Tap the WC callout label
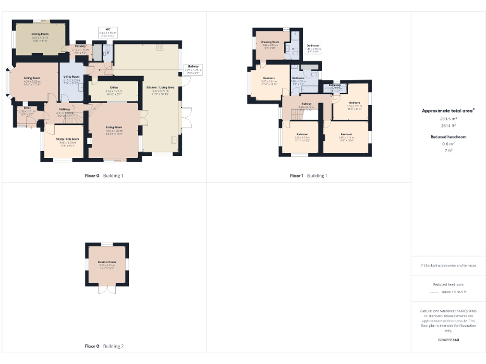click(x=108, y=29)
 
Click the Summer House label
click(x=106, y=261)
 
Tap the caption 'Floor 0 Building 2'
click(x=104, y=346)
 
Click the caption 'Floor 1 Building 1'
click(x=309, y=175)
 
